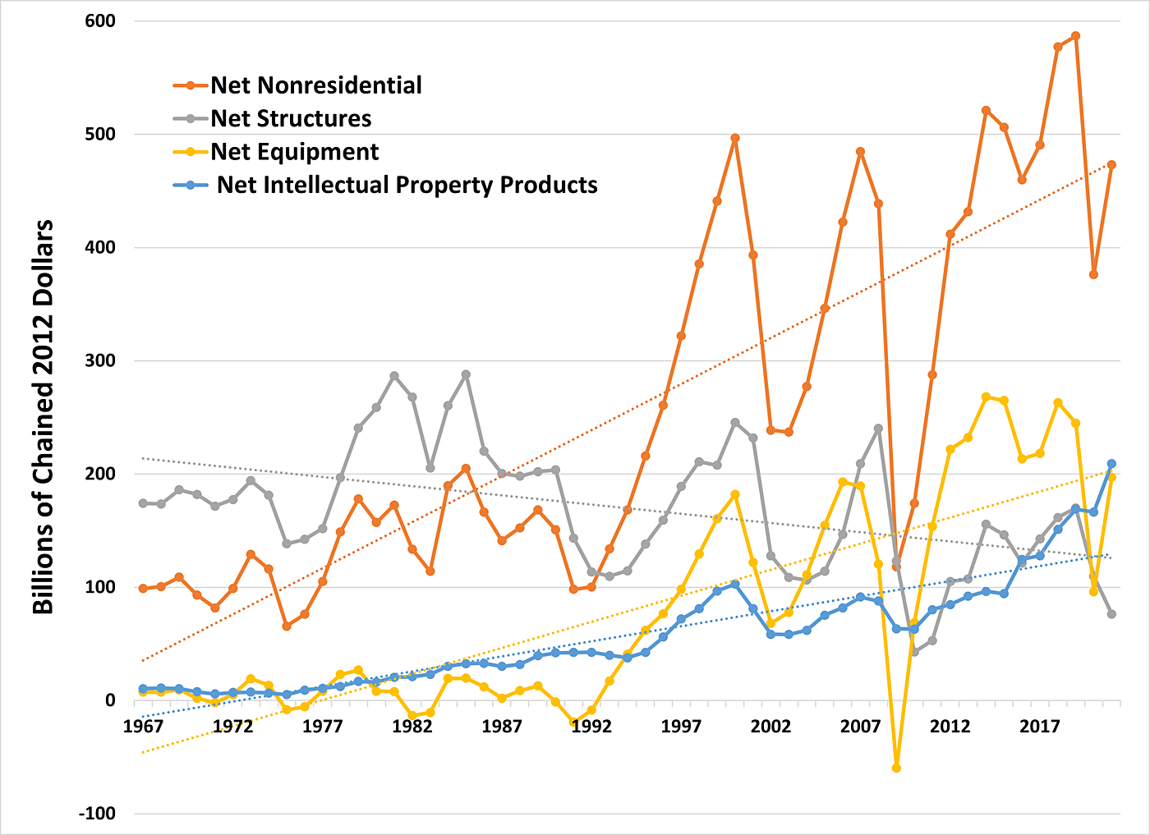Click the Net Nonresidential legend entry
coord(316,85)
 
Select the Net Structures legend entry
coord(291,119)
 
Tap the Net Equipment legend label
coord(294,152)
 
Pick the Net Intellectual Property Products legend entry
coord(407,185)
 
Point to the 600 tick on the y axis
coord(99,21)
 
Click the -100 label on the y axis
coord(97,814)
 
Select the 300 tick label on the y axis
coord(99,360)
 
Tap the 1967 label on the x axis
coord(143,727)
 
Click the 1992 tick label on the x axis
coord(591,727)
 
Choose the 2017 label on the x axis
coord(1040,727)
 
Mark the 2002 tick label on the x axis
coord(770,727)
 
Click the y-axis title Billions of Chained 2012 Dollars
coord(43,417)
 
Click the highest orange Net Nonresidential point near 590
coord(1075,36)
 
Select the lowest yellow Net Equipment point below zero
coord(896,768)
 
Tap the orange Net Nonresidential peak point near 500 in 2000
coord(735,138)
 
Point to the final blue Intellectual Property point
coord(1111,464)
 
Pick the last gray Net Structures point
coord(1111,614)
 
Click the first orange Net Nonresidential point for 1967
coord(143,589)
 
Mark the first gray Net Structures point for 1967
coord(143,503)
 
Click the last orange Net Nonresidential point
coord(1111,165)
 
